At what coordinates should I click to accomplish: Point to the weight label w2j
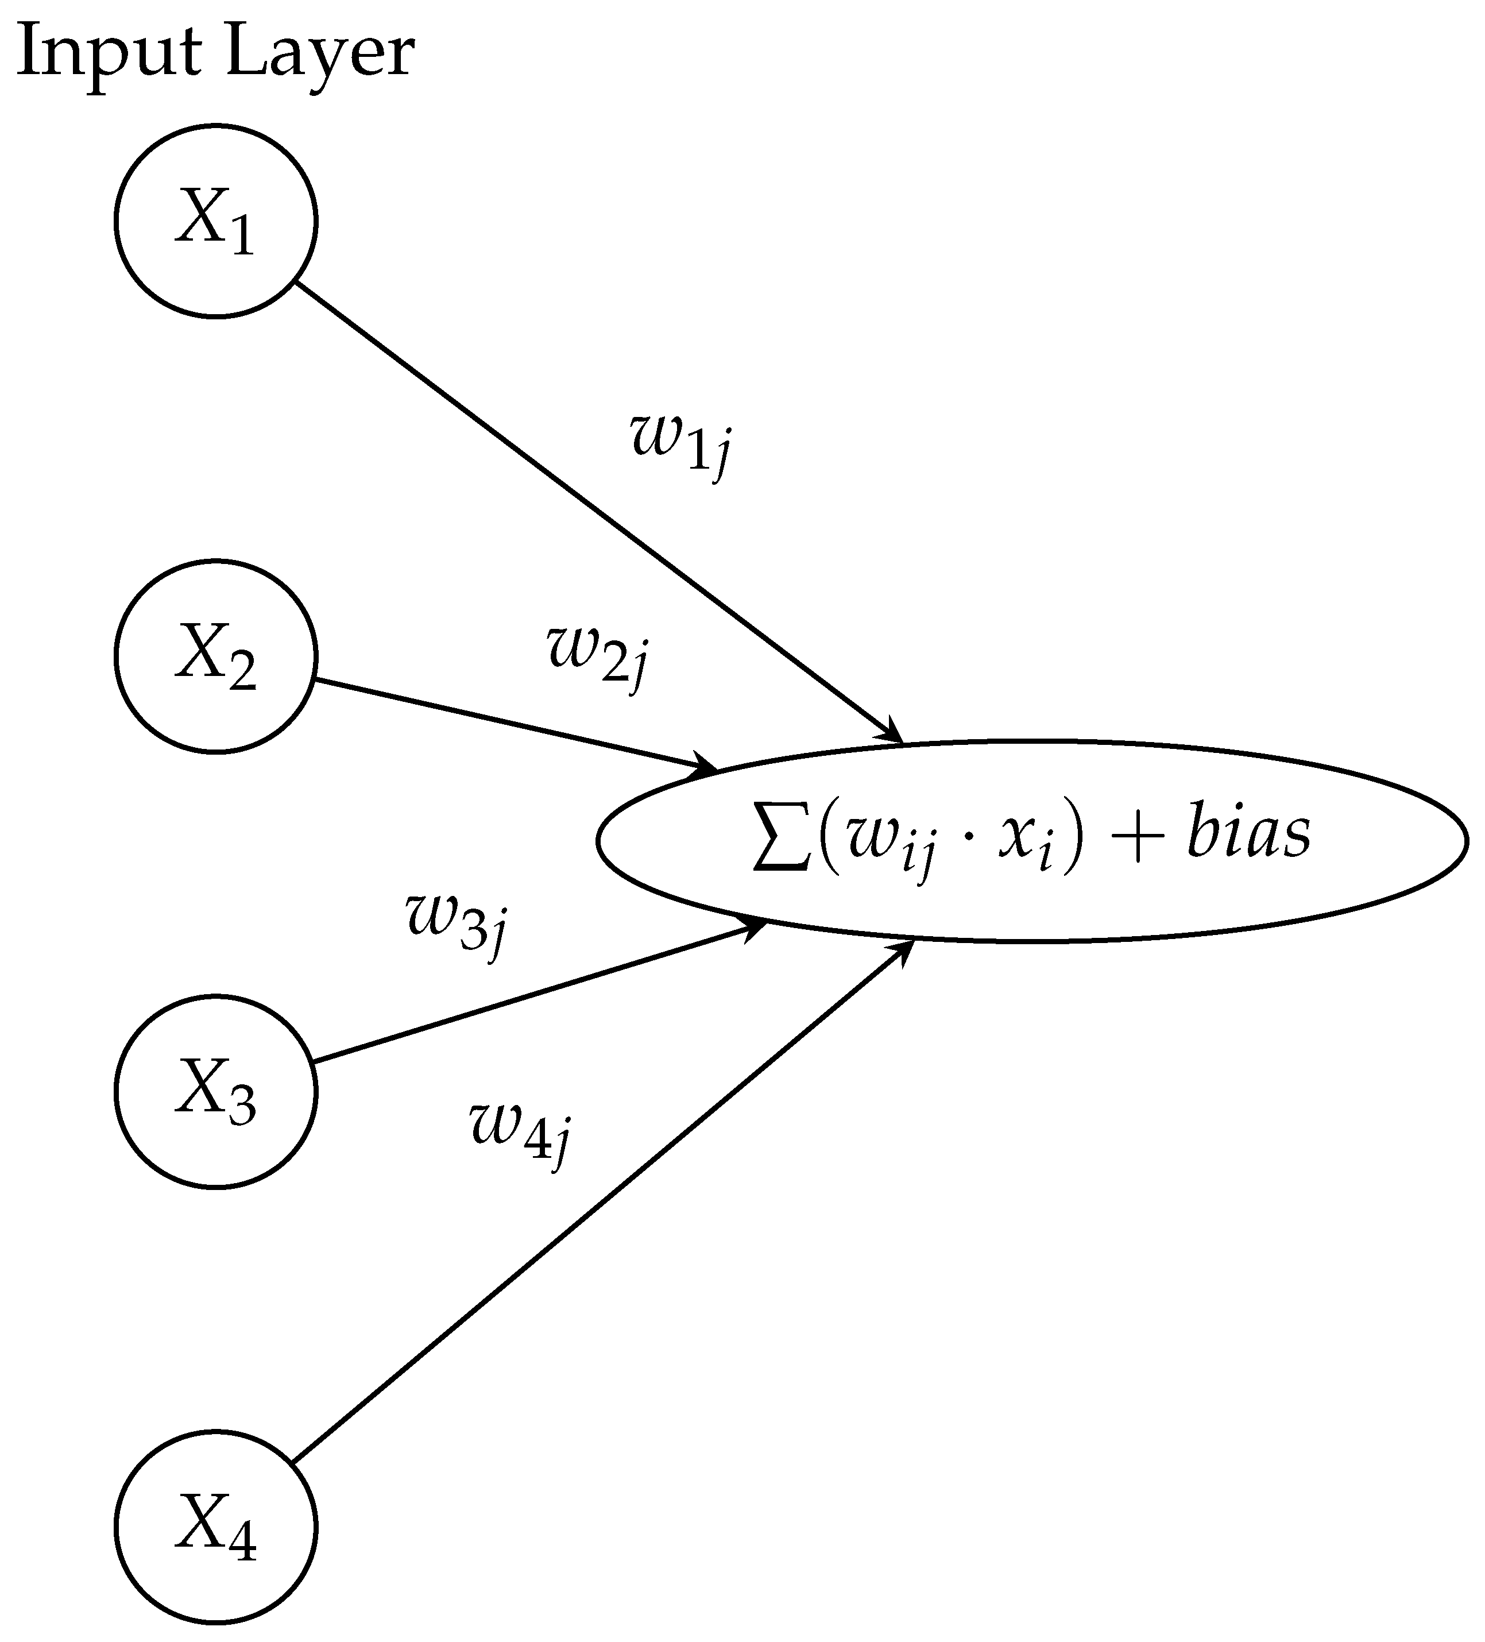pyautogui.click(x=598, y=656)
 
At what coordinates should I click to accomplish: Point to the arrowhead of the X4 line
pyautogui.click(x=904, y=951)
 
